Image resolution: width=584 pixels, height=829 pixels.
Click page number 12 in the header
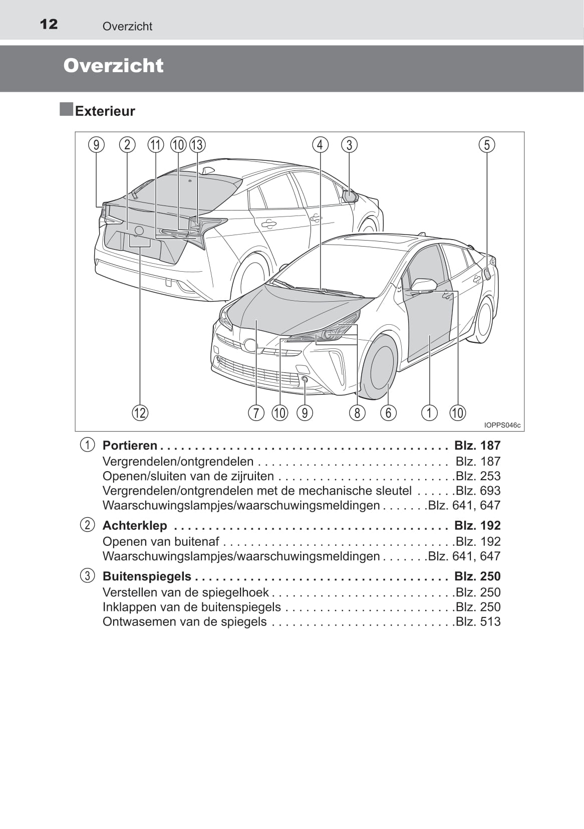click(x=49, y=24)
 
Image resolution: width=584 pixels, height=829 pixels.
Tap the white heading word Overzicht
click(x=113, y=66)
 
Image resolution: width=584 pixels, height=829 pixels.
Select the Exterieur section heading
click(x=105, y=111)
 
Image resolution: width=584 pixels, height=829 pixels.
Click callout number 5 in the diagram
click(x=486, y=145)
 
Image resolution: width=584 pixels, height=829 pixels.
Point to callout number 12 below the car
click(x=140, y=413)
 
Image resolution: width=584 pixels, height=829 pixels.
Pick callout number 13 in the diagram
click(x=197, y=145)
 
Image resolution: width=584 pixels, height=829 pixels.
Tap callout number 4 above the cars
click(x=320, y=145)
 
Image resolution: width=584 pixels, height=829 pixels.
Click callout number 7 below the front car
click(x=256, y=413)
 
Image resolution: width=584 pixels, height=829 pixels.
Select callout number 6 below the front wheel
click(x=388, y=413)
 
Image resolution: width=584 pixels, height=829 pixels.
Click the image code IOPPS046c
click(x=502, y=425)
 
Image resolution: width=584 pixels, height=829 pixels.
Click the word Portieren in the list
click(x=130, y=445)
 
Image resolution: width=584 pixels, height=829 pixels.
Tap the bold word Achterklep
click(x=135, y=525)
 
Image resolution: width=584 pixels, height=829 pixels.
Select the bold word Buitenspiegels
click(x=147, y=576)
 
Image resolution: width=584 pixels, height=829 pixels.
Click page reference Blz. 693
click(x=478, y=490)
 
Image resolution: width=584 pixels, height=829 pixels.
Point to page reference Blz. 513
click(x=478, y=621)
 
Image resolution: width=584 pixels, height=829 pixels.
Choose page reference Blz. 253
click(x=478, y=476)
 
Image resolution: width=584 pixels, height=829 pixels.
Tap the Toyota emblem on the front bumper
click(x=250, y=345)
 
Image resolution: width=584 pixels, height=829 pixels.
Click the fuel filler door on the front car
click(x=486, y=274)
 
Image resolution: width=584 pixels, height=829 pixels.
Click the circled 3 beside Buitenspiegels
click(x=87, y=575)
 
